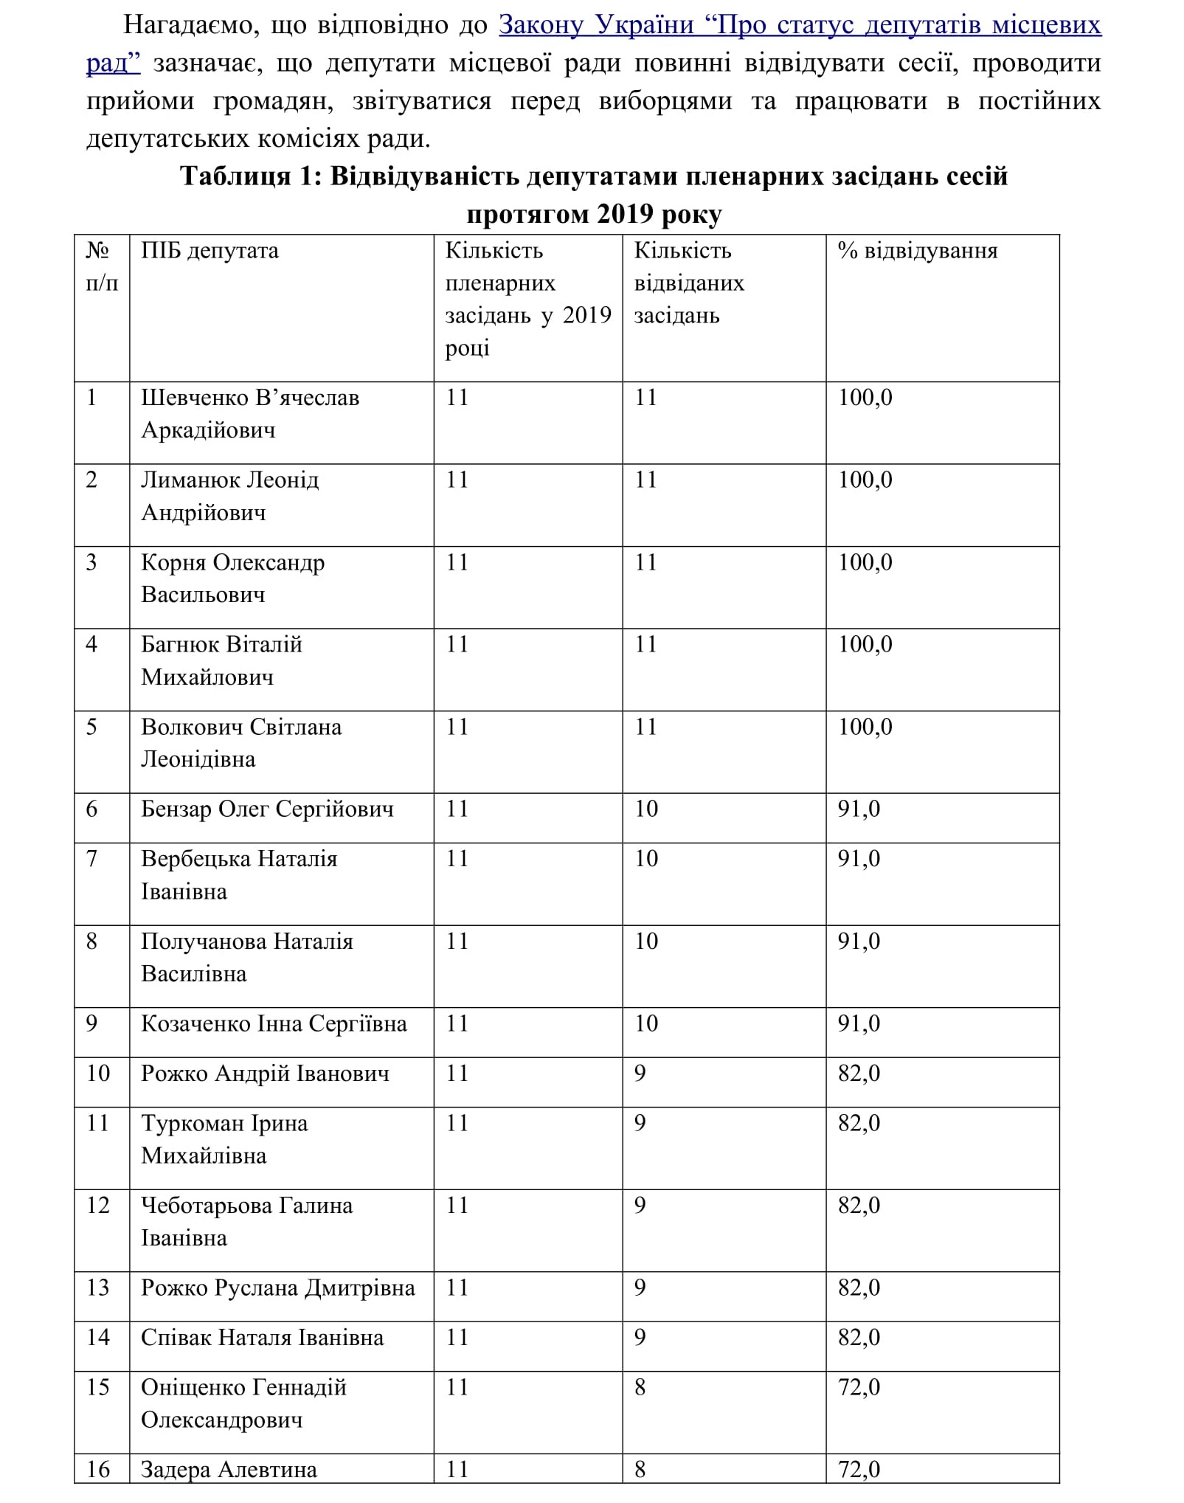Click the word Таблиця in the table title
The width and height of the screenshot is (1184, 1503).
(235, 176)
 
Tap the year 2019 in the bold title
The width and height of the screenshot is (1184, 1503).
(626, 214)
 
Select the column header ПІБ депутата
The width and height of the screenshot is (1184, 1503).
(210, 251)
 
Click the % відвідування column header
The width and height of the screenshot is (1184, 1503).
(917, 251)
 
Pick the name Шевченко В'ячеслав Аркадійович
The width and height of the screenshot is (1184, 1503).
(249, 414)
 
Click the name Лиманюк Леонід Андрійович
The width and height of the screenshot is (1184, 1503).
(229, 496)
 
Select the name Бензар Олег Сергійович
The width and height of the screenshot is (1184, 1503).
(267, 809)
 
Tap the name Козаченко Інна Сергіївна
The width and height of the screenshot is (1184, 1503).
(274, 1024)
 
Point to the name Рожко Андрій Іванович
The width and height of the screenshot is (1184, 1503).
(265, 1074)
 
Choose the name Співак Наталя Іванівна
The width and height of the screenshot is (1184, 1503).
(262, 1338)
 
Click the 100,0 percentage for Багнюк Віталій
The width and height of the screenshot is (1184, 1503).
(865, 645)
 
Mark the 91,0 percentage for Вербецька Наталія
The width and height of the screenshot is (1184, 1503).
(859, 859)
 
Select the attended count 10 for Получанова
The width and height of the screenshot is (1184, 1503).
(646, 941)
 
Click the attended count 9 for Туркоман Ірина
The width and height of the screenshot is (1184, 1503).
(640, 1123)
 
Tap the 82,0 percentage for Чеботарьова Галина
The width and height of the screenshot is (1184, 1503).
(859, 1206)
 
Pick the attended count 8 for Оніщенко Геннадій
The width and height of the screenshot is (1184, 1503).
(640, 1388)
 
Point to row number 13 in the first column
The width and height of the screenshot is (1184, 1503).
(98, 1288)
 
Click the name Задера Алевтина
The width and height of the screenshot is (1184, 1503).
(229, 1470)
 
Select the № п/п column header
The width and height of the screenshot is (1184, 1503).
(101, 266)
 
